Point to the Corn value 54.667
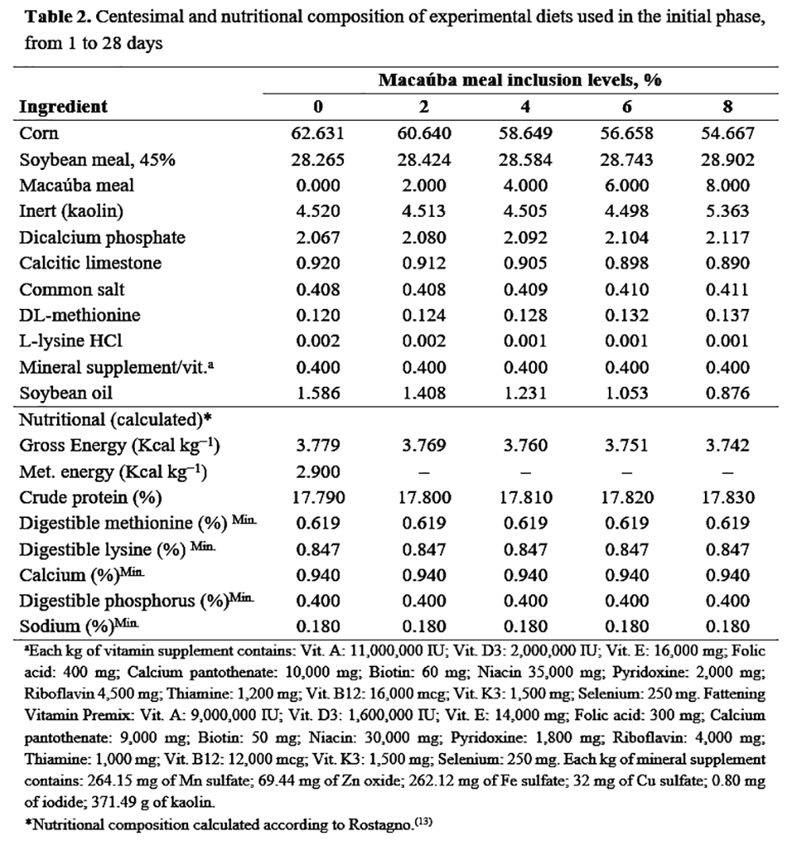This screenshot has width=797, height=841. tap(727, 133)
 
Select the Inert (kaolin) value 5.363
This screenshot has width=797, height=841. tap(727, 211)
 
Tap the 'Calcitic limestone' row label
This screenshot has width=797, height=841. tap(90, 263)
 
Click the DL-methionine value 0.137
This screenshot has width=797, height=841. tap(727, 315)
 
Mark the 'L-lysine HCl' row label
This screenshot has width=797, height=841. tap(71, 341)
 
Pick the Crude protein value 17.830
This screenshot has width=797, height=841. tap(727, 498)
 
